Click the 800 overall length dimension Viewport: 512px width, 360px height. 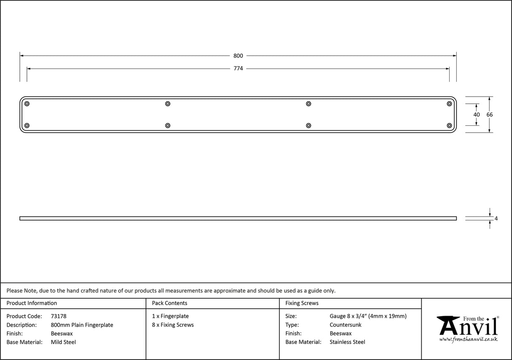click(x=238, y=56)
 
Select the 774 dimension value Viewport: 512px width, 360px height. click(x=238, y=68)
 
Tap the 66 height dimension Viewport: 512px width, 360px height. click(x=489, y=114)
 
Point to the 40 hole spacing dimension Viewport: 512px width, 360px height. click(x=477, y=114)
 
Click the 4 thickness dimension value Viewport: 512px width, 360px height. click(x=496, y=219)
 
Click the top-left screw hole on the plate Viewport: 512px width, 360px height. click(x=27, y=104)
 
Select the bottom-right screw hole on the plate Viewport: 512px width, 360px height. click(x=449, y=125)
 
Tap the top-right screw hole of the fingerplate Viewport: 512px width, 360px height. click(x=449, y=104)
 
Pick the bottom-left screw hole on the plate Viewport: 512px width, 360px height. click(x=27, y=125)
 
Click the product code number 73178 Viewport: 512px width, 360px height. click(x=58, y=316)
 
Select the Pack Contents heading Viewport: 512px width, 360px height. click(x=170, y=303)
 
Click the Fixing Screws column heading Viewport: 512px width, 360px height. click(x=302, y=303)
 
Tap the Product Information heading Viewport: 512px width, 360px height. click(x=32, y=303)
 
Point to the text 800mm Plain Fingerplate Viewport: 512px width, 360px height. click(x=82, y=325)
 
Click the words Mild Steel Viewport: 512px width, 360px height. click(x=63, y=342)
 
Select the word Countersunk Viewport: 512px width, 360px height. click(x=345, y=325)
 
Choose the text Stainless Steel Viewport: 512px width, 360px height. click(x=348, y=342)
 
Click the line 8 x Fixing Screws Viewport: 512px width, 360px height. click(x=173, y=325)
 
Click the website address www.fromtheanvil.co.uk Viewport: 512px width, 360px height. click(x=468, y=339)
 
